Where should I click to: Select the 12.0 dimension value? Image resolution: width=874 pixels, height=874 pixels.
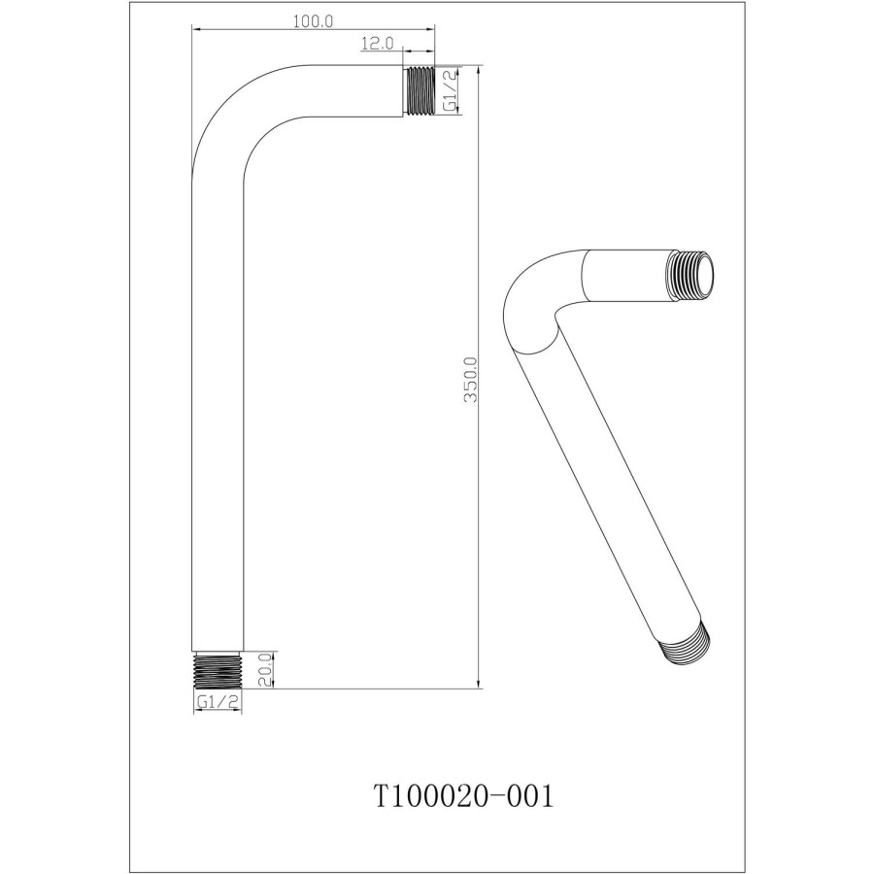pos(376,43)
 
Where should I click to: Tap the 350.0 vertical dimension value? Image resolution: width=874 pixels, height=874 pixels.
pos(470,379)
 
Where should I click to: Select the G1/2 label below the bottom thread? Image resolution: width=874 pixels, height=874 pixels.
pos(218,703)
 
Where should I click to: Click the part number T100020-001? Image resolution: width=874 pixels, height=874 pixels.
pos(463,796)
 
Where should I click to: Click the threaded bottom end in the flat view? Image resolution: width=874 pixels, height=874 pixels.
pos(217,670)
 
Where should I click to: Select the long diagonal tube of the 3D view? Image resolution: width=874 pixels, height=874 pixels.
pos(607,486)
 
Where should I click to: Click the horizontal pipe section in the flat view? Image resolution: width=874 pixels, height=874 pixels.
pos(340,91)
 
